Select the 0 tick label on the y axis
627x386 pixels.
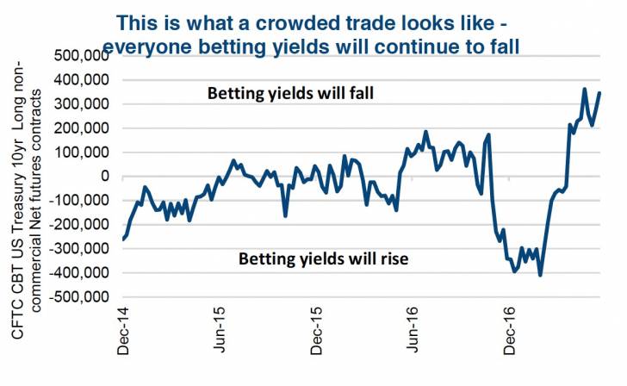point(105,177)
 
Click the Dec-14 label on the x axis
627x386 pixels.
point(123,332)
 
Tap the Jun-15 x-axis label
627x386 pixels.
point(221,332)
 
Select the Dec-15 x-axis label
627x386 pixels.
point(319,332)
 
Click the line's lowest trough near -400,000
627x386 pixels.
point(540,275)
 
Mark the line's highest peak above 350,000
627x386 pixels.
point(585,89)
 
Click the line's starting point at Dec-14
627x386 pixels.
point(123,239)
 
